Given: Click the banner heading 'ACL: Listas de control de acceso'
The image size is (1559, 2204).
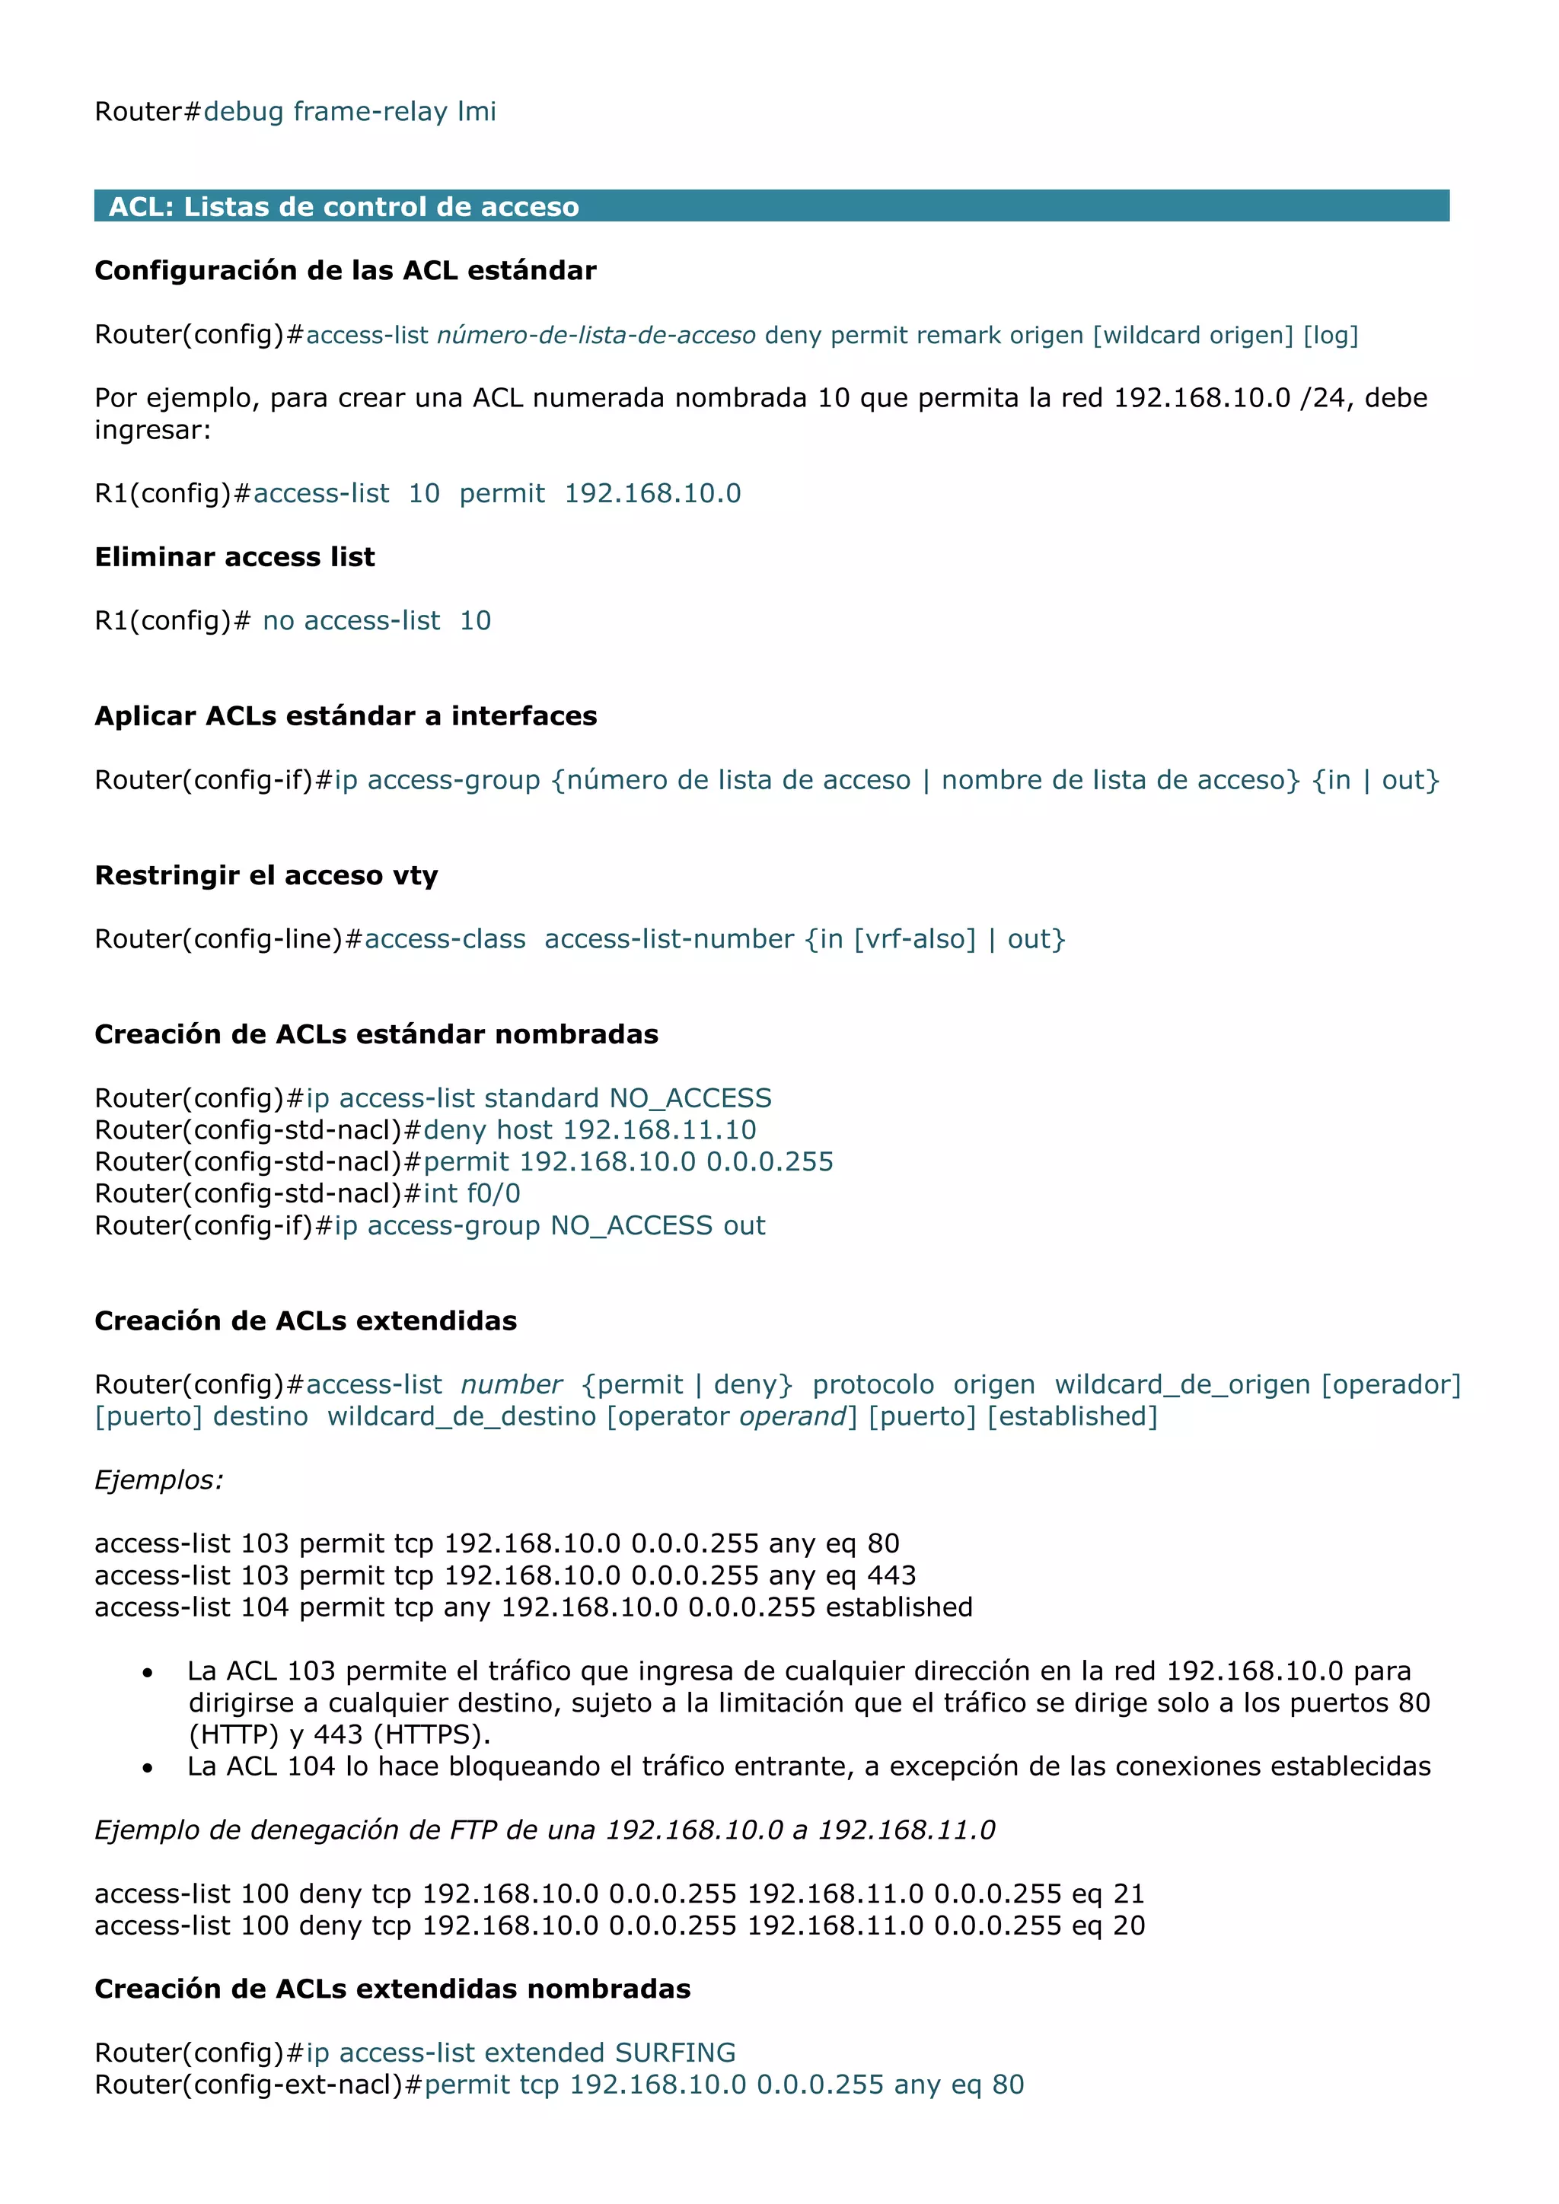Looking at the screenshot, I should tap(343, 206).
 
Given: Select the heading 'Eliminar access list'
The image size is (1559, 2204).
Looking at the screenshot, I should tap(234, 557).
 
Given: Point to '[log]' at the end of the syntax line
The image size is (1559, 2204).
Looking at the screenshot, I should tap(1330, 335).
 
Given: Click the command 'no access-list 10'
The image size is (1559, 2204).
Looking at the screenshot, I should tap(376, 620).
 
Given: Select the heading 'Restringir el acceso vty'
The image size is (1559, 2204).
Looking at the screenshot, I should tap(266, 874).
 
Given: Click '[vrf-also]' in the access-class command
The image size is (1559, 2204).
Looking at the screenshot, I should tap(914, 939).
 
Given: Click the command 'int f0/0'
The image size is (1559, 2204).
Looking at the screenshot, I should tap(471, 1193).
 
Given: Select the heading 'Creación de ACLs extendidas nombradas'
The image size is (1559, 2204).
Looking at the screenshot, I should tap(392, 1988).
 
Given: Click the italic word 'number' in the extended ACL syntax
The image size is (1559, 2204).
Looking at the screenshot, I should tap(511, 1384).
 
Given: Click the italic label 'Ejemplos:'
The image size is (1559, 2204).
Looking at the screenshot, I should tap(158, 1479).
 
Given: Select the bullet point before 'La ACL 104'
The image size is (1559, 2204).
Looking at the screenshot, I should tap(147, 1768).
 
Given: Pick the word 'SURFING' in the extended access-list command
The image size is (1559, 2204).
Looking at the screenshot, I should tap(675, 2053).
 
